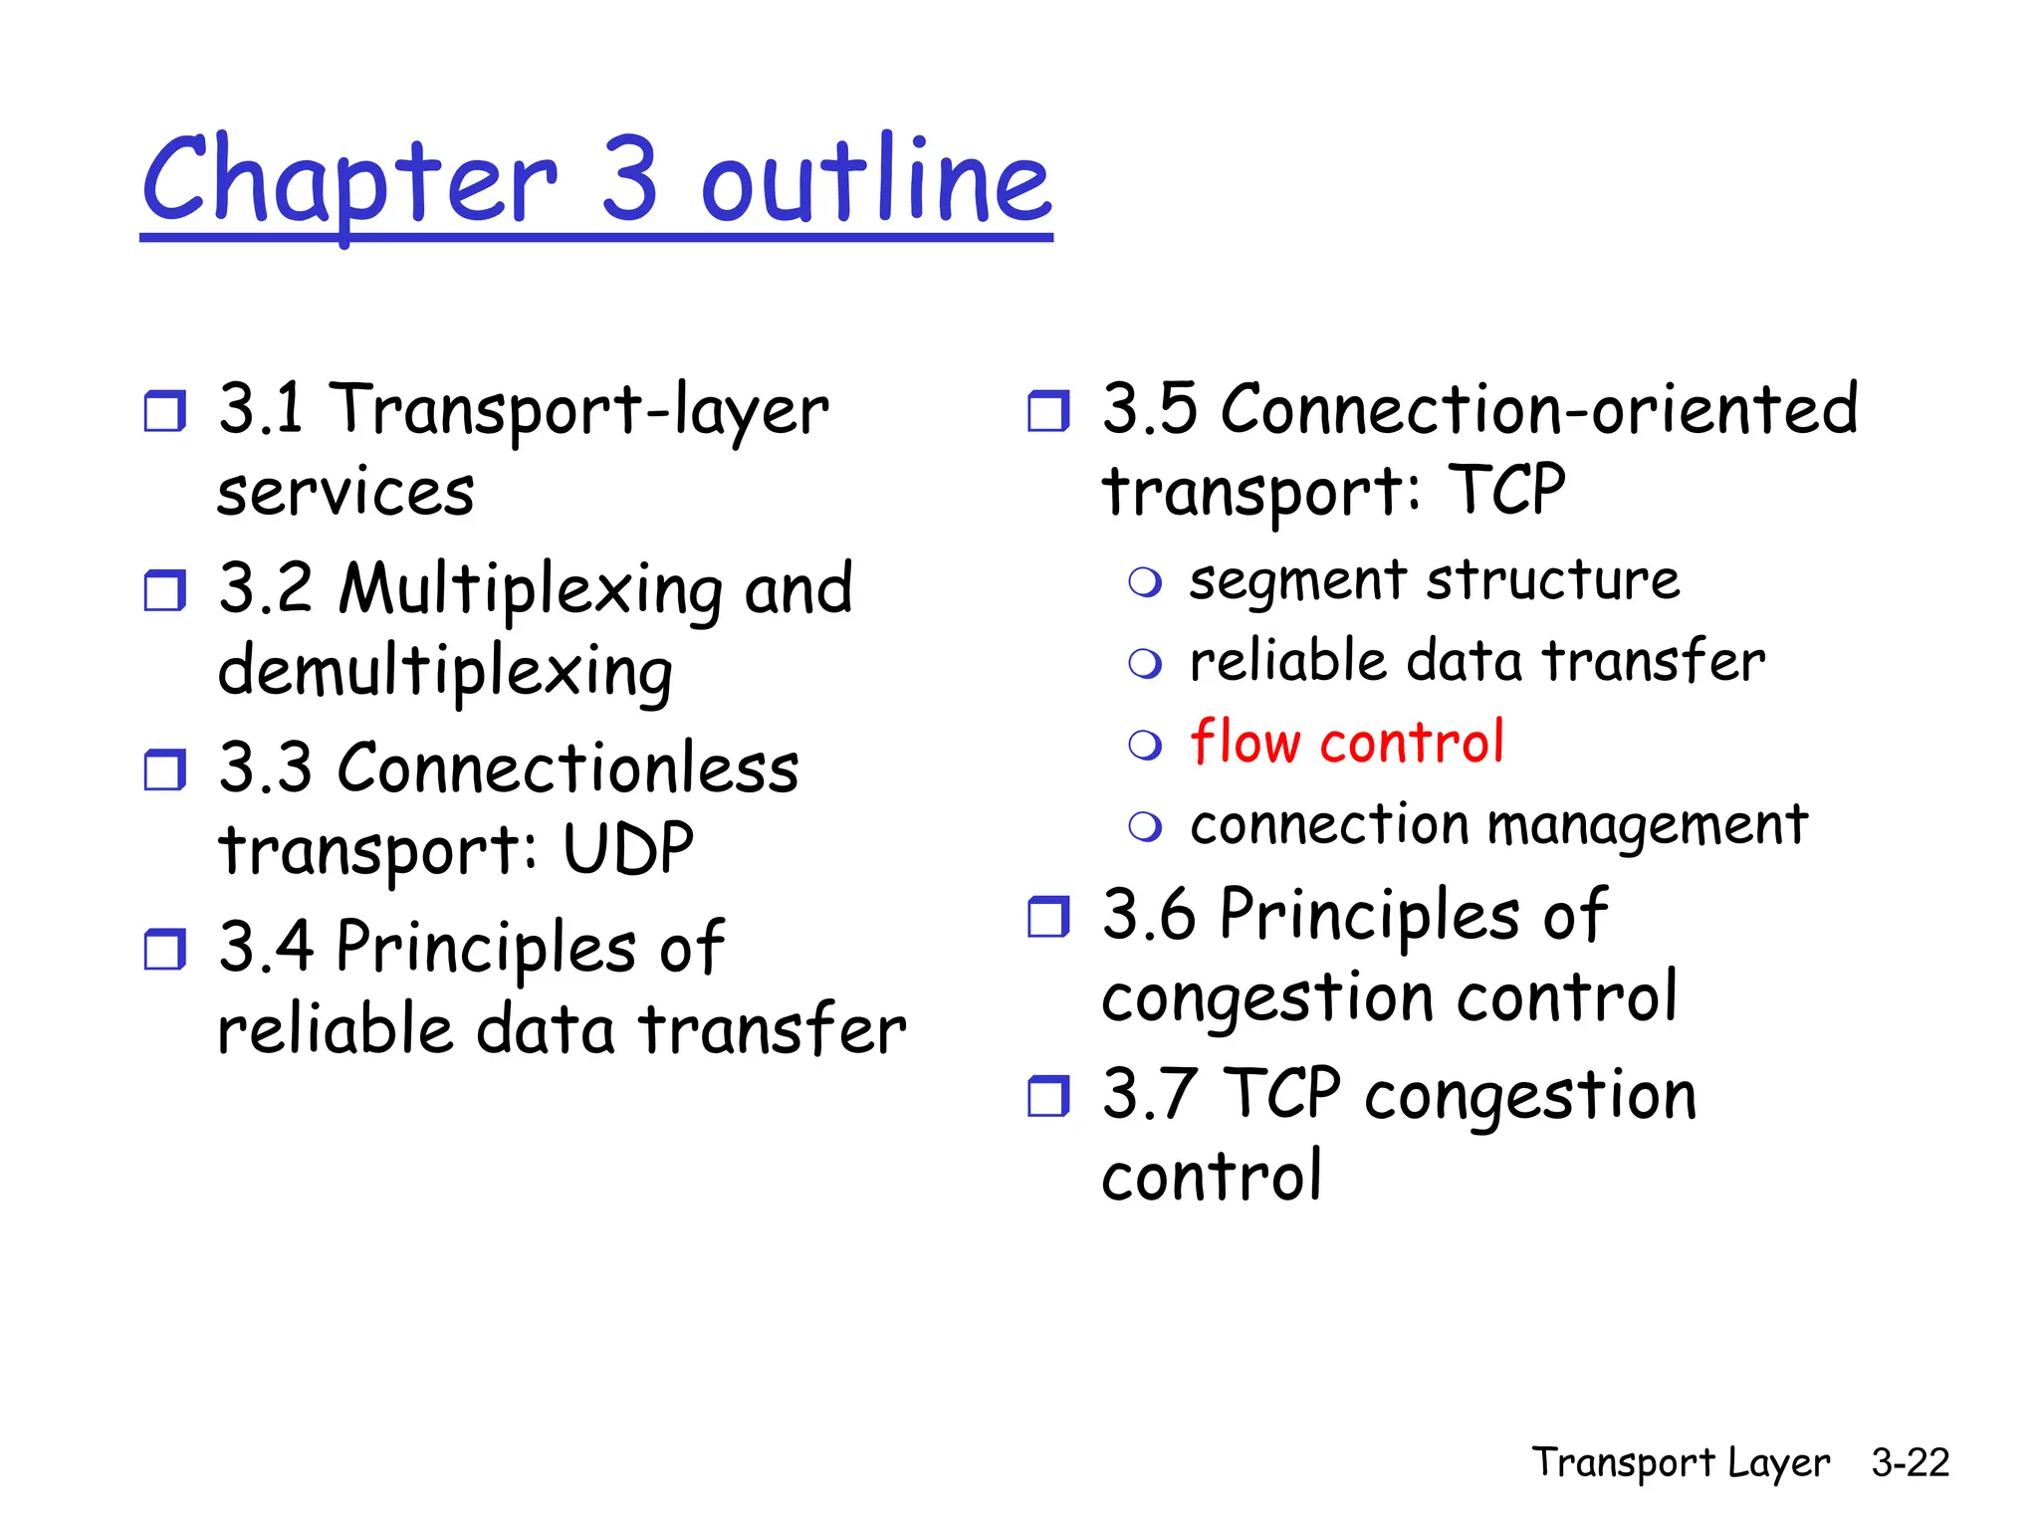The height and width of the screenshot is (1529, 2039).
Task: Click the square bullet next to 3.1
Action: point(164,411)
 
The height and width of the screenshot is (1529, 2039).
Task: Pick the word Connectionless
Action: point(567,768)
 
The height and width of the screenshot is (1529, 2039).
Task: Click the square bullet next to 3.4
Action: point(164,949)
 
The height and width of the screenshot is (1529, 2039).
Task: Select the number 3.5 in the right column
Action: point(1149,409)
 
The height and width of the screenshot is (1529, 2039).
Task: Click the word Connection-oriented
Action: point(1539,409)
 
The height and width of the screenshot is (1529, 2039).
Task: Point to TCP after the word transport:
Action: point(1507,490)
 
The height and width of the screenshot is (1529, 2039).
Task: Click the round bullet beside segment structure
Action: point(1145,582)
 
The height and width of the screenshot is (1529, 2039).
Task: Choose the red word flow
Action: point(1245,742)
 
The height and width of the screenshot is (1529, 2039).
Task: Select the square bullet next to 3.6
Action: point(1048,917)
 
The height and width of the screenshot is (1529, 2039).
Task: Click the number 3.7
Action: point(1149,1094)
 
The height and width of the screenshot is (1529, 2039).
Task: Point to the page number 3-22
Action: point(1910,1462)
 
